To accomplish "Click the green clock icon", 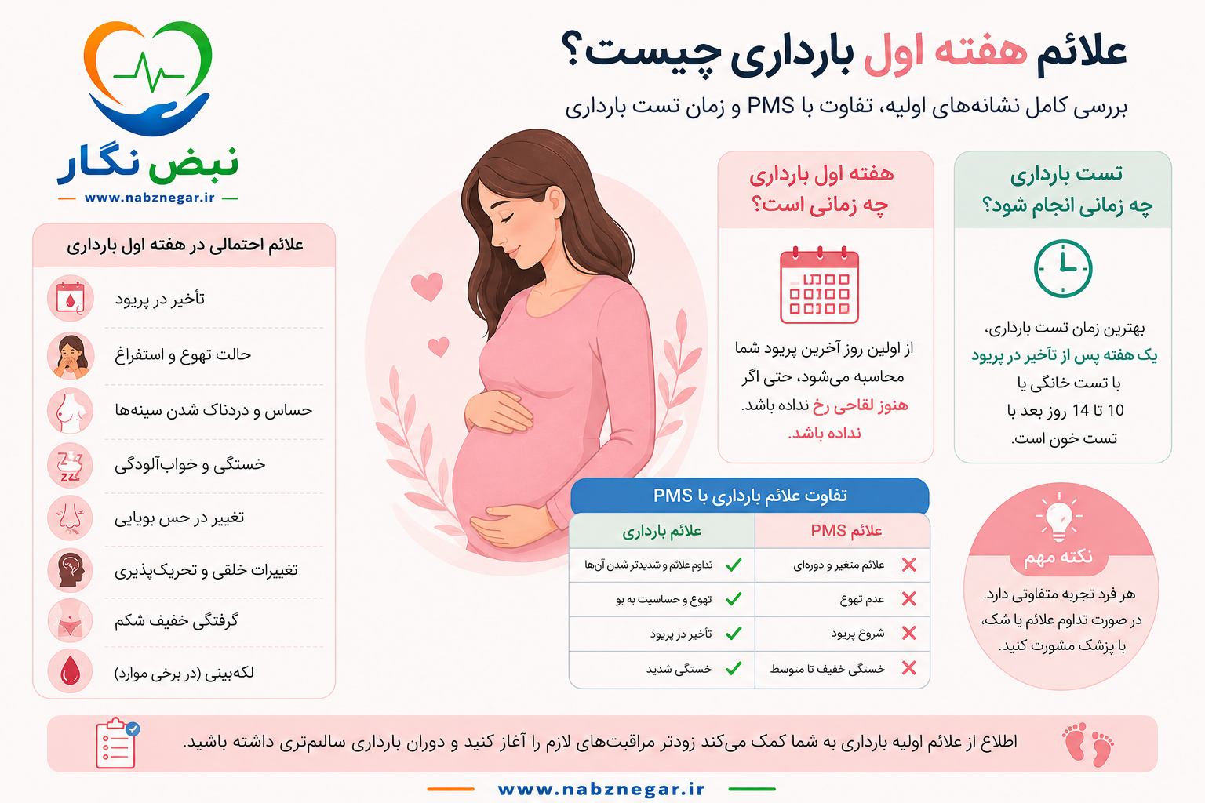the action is [1063, 268].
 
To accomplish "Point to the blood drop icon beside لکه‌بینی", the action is [70, 672].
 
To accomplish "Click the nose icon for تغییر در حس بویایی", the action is [70, 518].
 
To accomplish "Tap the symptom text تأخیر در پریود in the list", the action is [160, 299].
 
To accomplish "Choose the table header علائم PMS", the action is [846, 531].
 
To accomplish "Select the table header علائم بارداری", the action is [661, 532].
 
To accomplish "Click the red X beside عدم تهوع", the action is [909, 598].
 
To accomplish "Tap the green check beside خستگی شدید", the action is [734, 669].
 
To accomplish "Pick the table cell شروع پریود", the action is [857, 634].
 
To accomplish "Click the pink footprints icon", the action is [1088, 744].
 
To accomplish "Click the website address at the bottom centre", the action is [602, 789].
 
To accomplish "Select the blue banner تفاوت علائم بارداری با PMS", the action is [750, 496].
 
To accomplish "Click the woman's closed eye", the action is [506, 216].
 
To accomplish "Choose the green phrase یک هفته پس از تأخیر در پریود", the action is [1064, 356].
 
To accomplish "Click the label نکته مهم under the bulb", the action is [1058, 557].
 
